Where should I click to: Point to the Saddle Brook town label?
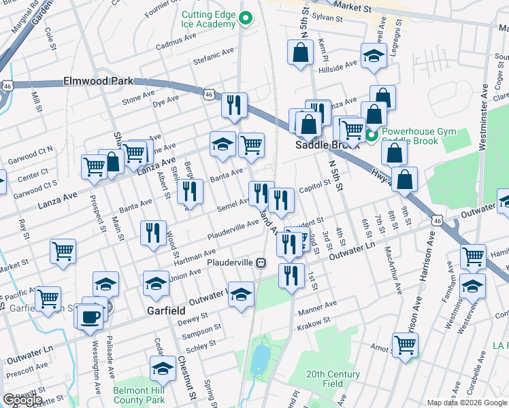point(321,146)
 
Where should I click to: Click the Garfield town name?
point(167,310)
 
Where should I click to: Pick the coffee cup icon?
point(90,317)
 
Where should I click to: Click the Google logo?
point(22,400)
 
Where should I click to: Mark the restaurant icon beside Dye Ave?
point(234,104)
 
